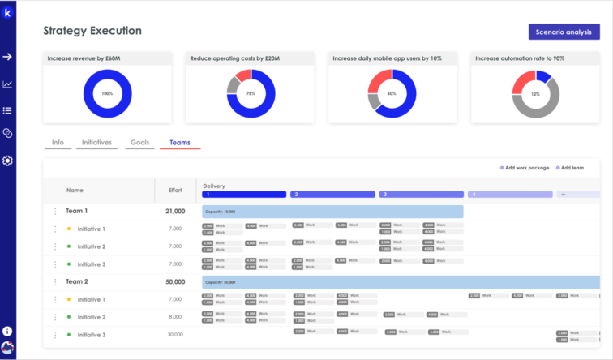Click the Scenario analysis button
(x=564, y=32)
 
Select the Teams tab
(x=179, y=143)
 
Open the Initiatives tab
(x=96, y=143)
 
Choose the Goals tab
(x=141, y=143)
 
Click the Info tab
(x=58, y=143)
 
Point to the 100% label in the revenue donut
(x=108, y=94)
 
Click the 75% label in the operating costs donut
(x=251, y=94)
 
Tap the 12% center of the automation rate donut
(x=535, y=94)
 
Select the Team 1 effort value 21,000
(x=175, y=212)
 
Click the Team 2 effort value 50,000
(x=175, y=281)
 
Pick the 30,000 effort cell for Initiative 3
(x=175, y=335)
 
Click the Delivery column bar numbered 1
(x=244, y=195)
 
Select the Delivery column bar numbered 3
(x=421, y=195)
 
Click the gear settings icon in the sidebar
(x=7, y=161)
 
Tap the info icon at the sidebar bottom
(x=7, y=332)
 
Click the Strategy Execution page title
(x=92, y=31)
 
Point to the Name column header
(x=75, y=191)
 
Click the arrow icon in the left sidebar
(x=7, y=57)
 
